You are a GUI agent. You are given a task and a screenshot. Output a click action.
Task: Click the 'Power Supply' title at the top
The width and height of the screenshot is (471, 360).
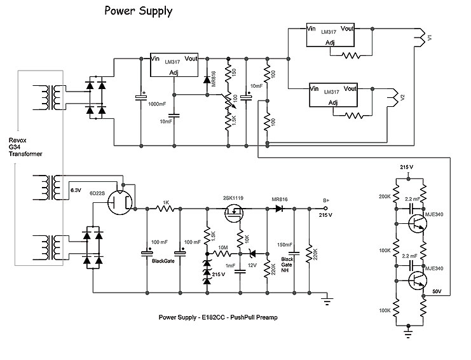point(138,11)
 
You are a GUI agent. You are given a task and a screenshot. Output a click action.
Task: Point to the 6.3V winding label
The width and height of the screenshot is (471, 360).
point(76,189)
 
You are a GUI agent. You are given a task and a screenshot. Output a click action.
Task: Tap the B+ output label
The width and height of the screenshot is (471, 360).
point(325,201)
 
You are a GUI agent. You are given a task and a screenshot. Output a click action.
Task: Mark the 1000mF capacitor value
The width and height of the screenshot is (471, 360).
point(157,103)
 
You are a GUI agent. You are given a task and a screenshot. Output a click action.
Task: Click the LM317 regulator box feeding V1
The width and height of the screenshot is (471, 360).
point(330,36)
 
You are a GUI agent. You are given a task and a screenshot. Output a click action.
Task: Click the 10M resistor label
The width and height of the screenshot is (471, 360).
point(222,247)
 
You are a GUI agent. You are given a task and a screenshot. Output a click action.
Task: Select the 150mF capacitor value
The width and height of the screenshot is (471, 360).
point(285,244)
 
